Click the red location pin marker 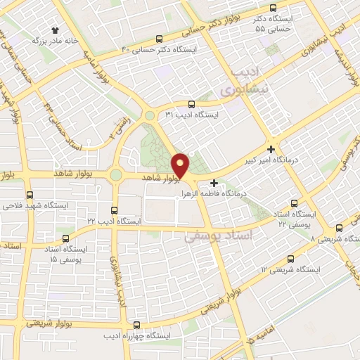click(x=181, y=165)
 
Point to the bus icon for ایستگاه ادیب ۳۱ click(x=191, y=103)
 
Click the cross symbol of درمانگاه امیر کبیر click(x=271, y=150)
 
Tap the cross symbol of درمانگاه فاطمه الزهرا click(x=214, y=183)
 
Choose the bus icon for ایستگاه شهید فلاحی click(x=29, y=195)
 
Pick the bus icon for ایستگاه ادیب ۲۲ click(x=115, y=210)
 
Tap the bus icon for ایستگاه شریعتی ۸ click(x=340, y=229)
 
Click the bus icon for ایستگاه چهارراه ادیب click(x=136, y=325)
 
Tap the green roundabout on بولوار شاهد click(x=115, y=174)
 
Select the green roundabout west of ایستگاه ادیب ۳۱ click(x=149, y=115)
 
